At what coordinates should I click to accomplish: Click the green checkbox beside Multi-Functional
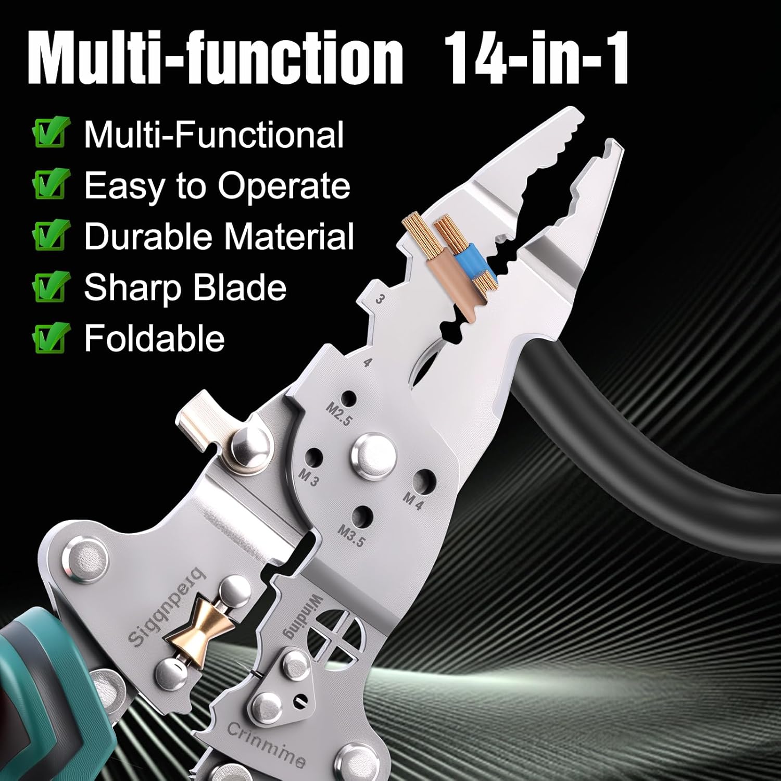click(51, 133)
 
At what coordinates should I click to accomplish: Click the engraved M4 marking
click(414, 500)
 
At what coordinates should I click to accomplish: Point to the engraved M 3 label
click(308, 476)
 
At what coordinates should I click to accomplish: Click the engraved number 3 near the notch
click(380, 299)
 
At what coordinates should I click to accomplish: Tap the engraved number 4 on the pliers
click(368, 362)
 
